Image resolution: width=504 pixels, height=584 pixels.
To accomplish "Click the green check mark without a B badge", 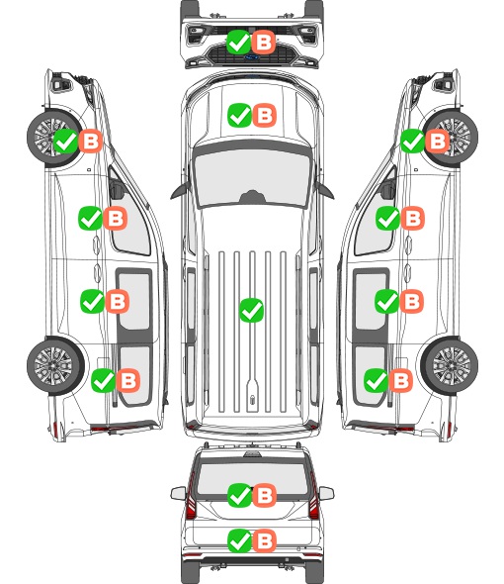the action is (x=251, y=310).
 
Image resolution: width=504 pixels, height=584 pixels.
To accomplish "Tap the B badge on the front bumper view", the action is (x=264, y=42).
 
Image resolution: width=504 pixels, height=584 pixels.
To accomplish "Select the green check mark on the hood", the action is (x=239, y=115).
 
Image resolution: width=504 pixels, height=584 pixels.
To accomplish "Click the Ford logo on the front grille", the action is (x=252, y=57).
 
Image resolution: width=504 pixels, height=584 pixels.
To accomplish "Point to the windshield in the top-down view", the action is (x=252, y=178).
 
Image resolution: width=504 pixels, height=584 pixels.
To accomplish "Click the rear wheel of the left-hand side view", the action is (x=55, y=365).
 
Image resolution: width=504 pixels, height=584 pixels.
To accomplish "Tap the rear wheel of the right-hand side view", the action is (x=450, y=365).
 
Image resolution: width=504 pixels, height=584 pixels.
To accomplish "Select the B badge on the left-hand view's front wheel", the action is (x=91, y=141).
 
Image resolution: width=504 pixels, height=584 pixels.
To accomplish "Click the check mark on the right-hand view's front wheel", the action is (x=412, y=141).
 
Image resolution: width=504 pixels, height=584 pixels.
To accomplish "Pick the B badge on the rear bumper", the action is (x=265, y=540).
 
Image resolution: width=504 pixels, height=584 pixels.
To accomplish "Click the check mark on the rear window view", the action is (x=240, y=495).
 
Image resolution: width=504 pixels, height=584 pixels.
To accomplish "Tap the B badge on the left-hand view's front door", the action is (x=116, y=218).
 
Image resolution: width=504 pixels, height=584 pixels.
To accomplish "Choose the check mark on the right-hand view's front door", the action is (x=388, y=218).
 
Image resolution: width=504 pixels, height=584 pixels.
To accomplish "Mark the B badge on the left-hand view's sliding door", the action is (x=118, y=301).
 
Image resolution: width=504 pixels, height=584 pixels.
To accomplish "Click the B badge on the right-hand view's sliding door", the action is (x=412, y=301).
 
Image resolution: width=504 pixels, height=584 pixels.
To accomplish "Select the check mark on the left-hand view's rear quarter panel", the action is (x=104, y=380).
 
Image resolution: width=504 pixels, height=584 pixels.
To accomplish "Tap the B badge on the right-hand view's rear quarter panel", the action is (x=400, y=380).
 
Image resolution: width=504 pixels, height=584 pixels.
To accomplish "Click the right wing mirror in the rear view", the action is (x=326, y=493).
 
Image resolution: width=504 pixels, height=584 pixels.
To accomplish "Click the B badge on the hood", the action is (x=265, y=115).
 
